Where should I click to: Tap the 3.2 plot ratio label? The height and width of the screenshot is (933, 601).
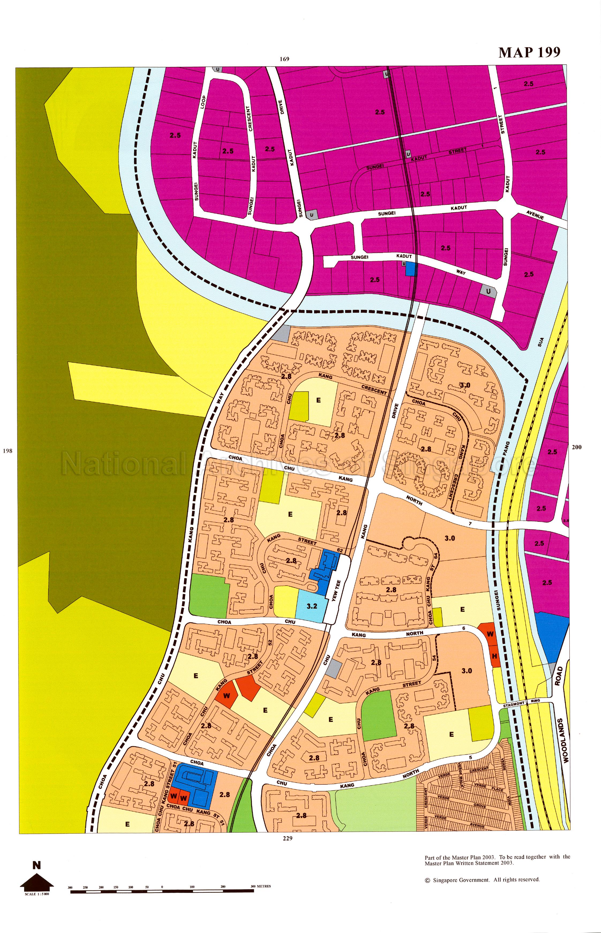311,606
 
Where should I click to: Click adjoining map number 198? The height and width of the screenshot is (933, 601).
7,451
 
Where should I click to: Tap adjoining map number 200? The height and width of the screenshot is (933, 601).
576,447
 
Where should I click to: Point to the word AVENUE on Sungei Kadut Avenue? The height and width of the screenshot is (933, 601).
535,214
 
